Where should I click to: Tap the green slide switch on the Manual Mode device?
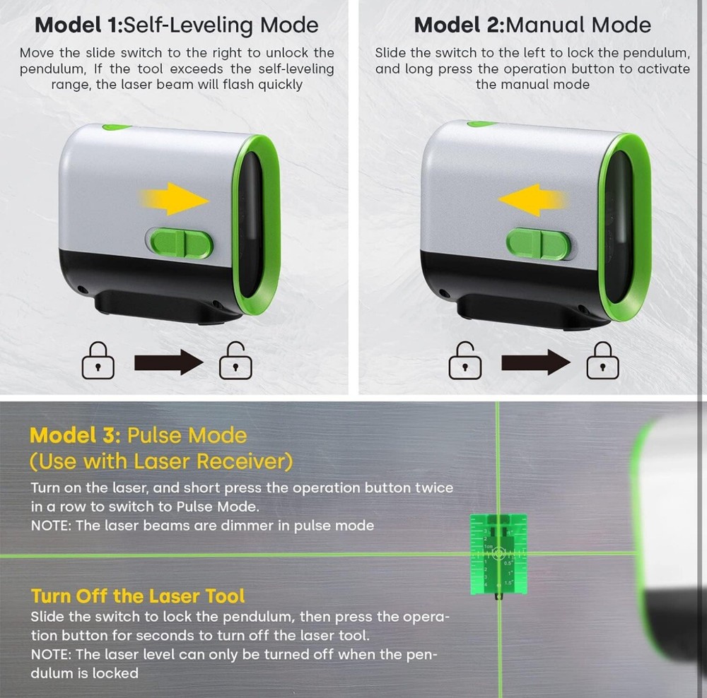coord(538,244)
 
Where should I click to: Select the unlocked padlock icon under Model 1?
coord(235,362)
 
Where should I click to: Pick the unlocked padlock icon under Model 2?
coord(464,362)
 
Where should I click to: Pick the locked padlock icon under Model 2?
coord(603,363)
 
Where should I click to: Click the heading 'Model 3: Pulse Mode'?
coord(139,434)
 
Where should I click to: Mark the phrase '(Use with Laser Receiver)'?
coord(160,461)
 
